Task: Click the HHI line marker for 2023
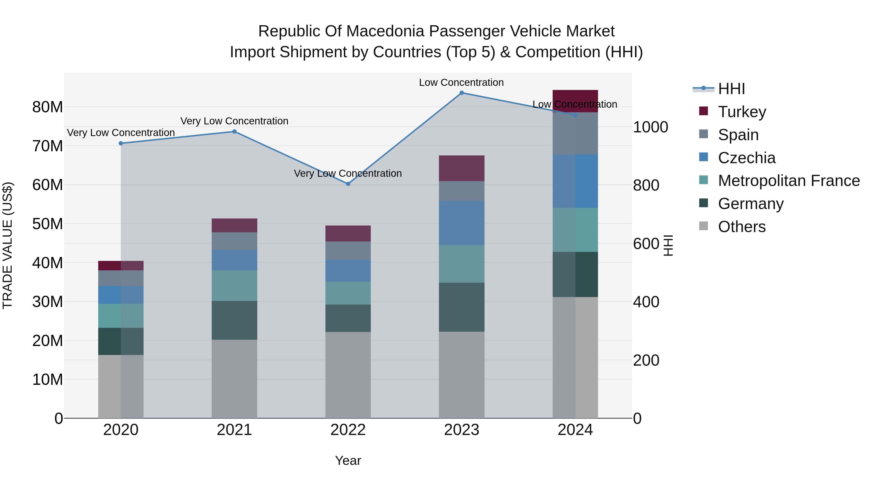(461, 93)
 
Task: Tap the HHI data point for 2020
(121, 143)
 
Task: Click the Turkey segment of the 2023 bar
(461, 169)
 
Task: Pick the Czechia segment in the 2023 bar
(461, 223)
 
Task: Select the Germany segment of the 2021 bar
(234, 320)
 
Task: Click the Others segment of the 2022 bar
(348, 375)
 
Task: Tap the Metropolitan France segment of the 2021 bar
(234, 286)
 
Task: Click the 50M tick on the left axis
(48, 224)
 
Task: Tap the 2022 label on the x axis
(348, 430)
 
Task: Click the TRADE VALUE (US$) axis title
(8, 245)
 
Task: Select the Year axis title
(348, 460)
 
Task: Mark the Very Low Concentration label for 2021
(234, 121)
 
